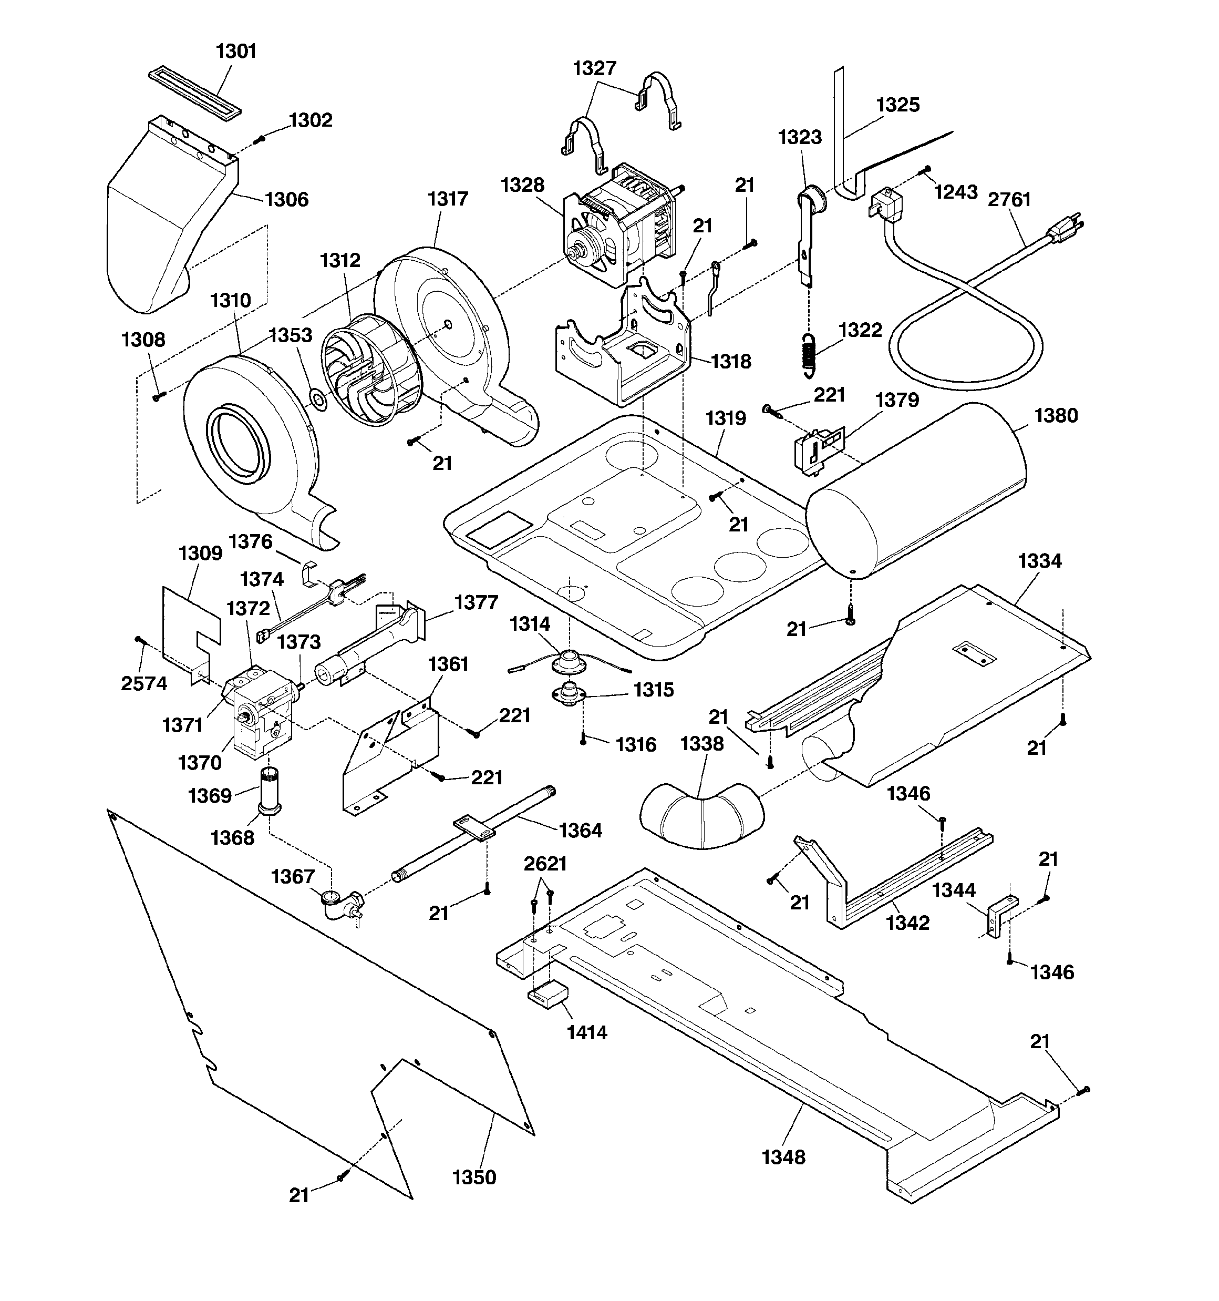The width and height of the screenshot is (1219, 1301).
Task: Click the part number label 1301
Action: [236, 51]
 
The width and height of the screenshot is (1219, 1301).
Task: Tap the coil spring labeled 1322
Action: [809, 355]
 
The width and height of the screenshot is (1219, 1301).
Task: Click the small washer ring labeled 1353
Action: [318, 398]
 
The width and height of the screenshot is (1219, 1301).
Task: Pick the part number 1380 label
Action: [1056, 416]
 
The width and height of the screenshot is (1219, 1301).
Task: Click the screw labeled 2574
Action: [139, 639]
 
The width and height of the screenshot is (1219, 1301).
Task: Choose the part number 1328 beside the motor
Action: [522, 185]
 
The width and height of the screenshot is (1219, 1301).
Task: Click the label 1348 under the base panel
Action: [783, 1157]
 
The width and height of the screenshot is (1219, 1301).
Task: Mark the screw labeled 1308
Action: [157, 396]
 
